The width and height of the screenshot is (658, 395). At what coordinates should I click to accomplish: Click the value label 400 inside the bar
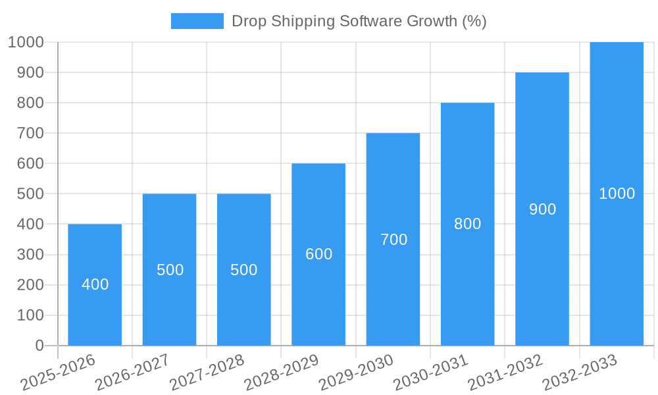pyautogui.click(x=95, y=284)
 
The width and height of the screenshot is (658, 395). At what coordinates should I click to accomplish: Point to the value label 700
pyautogui.click(x=394, y=240)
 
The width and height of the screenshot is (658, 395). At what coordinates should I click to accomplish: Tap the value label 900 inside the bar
pyautogui.click(x=543, y=209)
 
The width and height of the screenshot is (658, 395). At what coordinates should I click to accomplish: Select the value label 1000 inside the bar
pyautogui.click(x=617, y=194)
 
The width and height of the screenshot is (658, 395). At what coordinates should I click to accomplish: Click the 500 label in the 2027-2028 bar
pyautogui.click(x=244, y=270)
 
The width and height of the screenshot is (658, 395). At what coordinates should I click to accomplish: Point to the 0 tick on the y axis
pyautogui.click(x=39, y=346)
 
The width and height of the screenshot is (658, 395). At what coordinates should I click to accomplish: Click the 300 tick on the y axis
pyautogui.click(x=30, y=255)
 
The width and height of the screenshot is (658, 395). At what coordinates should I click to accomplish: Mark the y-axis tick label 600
pyautogui.click(x=30, y=163)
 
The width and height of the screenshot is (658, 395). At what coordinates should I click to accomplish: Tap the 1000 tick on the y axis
pyautogui.click(x=26, y=42)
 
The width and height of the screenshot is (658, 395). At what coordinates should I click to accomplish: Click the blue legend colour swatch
pyautogui.click(x=197, y=21)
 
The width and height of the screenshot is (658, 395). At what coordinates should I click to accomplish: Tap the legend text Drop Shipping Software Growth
pyautogui.click(x=359, y=21)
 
